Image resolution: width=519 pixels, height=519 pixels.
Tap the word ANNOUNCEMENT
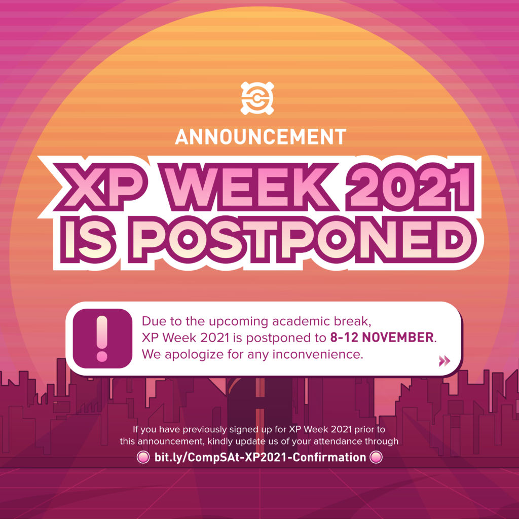tap(260, 136)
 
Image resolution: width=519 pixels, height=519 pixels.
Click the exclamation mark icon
tap(102, 338)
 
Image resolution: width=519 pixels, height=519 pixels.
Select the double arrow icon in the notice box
tap(444, 360)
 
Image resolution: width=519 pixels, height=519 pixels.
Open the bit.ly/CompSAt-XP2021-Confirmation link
tap(260, 457)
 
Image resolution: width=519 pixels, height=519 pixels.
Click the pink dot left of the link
tap(143, 457)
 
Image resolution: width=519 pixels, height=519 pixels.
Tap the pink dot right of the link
tap(376, 457)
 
